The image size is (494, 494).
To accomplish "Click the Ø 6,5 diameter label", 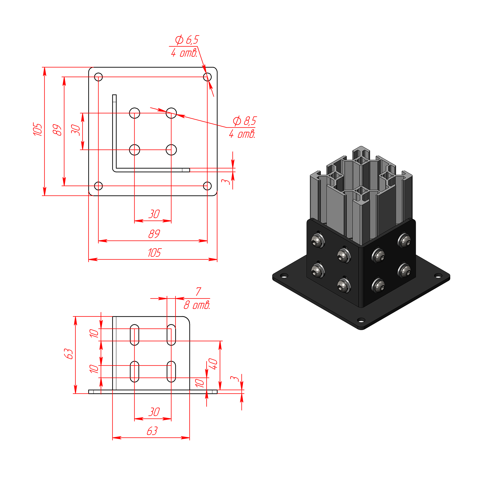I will [x=187, y=40].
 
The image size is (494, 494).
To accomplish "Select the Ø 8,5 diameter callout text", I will [x=245, y=121].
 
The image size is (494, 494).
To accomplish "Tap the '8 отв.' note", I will [x=197, y=305].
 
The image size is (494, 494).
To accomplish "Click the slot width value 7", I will [x=198, y=292].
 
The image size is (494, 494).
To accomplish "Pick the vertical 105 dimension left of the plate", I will [x=38, y=129].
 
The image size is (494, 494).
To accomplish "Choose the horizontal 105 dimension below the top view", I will [x=154, y=253].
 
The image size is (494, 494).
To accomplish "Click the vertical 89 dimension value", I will [x=57, y=130].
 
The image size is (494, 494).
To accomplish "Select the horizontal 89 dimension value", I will [x=154, y=234].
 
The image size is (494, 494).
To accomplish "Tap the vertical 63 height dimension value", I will [x=68, y=354].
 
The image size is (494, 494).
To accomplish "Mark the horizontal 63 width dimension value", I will [x=152, y=431].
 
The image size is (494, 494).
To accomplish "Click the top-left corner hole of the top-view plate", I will [x=99, y=77].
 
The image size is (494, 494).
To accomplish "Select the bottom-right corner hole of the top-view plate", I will [x=207, y=186].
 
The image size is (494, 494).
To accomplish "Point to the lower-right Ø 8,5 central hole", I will [x=171, y=150].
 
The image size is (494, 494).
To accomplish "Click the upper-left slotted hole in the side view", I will [x=135, y=335].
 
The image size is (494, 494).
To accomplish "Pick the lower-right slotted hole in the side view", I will [x=171, y=372].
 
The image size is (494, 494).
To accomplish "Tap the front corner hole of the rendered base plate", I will [x=361, y=320].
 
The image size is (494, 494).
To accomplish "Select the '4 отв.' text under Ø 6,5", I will [x=184, y=53].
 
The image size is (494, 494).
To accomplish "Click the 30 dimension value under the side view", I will [x=154, y=412].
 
